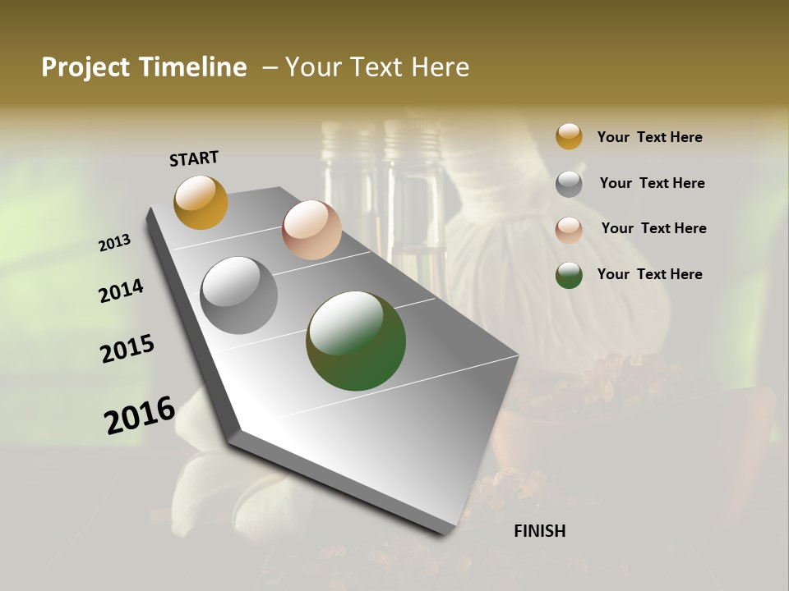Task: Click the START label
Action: pos(194,158)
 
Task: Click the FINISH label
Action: pos(540,531)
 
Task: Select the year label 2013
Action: pos(115,243)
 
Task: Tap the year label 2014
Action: pos(122,291)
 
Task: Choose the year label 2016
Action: pos(140,415)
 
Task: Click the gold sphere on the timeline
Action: pos(201,202)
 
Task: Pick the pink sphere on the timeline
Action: pos(311,230)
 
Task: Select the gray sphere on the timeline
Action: pos(238,295)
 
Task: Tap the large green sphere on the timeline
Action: pos(356,341)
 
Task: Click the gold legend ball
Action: pos(569,136)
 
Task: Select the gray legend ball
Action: pos(569,184)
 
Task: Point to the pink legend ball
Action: pos(569,229)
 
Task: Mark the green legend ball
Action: pos(569,275)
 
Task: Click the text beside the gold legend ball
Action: pos(649,137)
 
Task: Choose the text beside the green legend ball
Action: pos(649,274)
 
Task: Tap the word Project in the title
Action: pos(83,67)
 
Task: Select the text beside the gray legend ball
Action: pos(652,183)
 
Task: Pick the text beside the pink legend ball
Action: pos(653,228)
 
